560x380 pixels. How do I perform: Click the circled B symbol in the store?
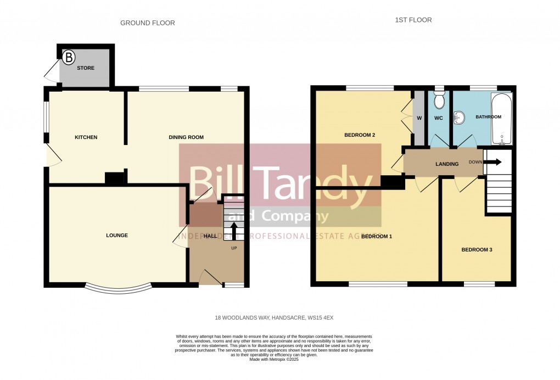coord(69,57)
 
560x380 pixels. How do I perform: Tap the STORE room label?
coord(86,69)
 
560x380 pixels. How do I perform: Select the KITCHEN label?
coord(86,137)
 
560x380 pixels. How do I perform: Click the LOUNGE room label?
coord(117,236)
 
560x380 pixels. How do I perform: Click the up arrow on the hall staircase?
coord(233,231)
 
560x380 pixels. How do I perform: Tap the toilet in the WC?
coord(439,100)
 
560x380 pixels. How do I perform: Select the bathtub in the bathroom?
coord(502,118)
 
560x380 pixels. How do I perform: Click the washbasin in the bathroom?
coord(460,117)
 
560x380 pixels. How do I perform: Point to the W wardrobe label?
coord(419,118)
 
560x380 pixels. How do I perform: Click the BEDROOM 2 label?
coord(360,135)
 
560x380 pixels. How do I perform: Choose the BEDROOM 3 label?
coord(477,250)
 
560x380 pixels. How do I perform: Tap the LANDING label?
coord(447,164)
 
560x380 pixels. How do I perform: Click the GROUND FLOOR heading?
coord(148,23)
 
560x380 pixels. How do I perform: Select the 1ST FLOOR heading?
coord(413,20)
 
